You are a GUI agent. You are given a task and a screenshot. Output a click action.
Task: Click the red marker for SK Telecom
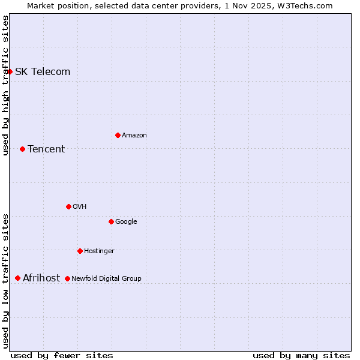tap(10, 71)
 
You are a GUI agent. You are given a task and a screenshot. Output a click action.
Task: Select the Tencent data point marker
tap(22, 149)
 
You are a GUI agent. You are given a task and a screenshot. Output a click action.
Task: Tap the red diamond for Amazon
tap(118, 135)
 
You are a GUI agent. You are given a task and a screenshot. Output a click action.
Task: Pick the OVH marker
tap(68, 206)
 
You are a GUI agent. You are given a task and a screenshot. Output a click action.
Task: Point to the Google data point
tap(111, 221)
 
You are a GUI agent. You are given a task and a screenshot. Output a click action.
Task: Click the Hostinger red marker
tap(80, 251)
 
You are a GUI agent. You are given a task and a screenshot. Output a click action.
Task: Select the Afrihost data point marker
tap(17, 278)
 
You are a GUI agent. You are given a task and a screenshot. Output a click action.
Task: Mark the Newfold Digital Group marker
tap(67, 278)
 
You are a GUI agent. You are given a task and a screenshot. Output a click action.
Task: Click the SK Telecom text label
tap(43, 72)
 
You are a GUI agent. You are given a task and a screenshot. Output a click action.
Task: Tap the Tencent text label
tap(46, 149)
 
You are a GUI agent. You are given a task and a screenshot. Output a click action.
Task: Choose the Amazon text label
tap(134, 136)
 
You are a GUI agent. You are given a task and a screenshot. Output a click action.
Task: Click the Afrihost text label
tap(41, 278)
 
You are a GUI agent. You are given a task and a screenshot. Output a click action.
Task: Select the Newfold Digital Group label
tap(107, 278)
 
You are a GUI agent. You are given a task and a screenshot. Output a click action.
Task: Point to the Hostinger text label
tap(99, 251)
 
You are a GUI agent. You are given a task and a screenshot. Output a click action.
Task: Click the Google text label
tap(126, 222)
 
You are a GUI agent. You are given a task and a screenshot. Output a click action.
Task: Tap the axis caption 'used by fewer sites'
tap(62, 355)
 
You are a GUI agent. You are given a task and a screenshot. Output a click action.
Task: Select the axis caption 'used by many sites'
tap(301, 355)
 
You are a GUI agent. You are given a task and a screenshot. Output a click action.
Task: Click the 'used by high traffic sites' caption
tap(6, 85)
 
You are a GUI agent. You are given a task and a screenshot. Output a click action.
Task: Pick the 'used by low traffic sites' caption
tap(6, 280)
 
